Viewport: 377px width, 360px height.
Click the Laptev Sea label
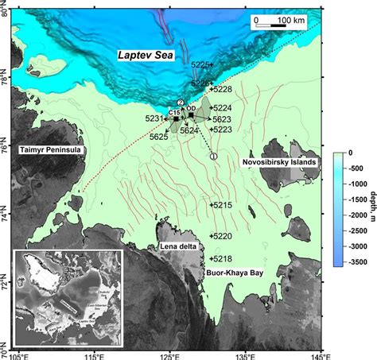146,56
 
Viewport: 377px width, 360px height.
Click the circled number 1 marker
213,157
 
